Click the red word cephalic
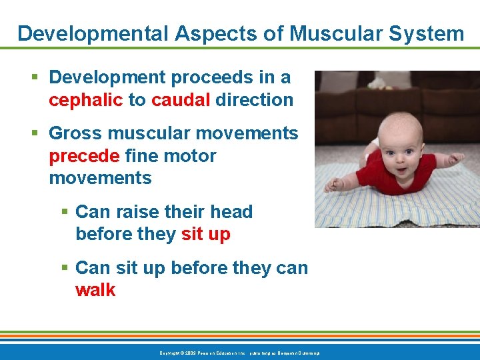86,100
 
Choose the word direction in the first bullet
255,100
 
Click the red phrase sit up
205,235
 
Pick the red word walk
95,290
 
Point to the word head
231,212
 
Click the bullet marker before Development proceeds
35,78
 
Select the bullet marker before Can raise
64,213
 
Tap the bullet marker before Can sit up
64,269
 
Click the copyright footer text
240,352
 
